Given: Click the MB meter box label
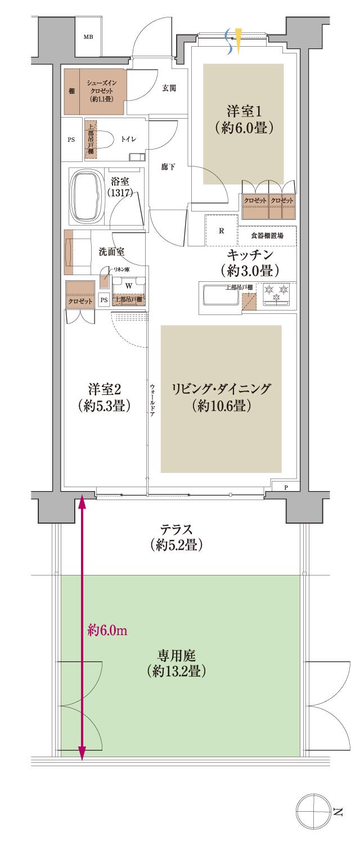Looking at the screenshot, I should (x=88, y=38).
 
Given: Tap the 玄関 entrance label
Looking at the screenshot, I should (x=169, y=88).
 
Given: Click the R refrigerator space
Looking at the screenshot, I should (x=221, y=231).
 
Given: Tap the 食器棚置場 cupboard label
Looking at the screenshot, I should (x=267, y=236).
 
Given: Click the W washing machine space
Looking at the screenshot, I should (x=129, y=285).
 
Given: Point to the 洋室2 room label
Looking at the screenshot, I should (x=105, y=397).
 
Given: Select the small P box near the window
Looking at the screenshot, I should (x=286, y=487).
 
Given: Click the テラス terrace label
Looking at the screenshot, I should (x=177, y=537).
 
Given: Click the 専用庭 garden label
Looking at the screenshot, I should (x=177, y=663).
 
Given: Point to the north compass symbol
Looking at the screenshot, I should (x=312, y=811).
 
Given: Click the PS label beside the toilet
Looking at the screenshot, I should (x=71, y=140).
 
